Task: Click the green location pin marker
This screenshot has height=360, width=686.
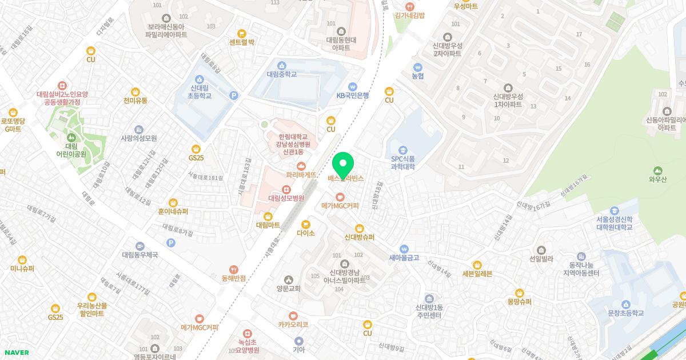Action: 343,165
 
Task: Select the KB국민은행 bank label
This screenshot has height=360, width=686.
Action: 352,95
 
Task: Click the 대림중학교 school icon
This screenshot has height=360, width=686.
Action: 282,65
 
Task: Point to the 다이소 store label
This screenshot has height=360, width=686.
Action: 306,233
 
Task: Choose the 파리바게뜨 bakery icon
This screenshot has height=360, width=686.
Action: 301,165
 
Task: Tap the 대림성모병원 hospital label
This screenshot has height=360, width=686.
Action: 286,198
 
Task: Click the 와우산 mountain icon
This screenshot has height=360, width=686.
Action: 657,170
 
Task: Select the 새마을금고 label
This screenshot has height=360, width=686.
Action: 404,258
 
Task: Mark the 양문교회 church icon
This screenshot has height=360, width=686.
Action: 288,279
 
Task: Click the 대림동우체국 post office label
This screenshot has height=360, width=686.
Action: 139,254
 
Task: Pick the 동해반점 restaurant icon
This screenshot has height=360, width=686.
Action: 233,269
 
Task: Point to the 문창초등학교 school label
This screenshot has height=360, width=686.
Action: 625,313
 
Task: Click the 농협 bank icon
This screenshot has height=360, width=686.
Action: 418,66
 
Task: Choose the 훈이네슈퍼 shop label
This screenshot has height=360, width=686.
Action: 173,211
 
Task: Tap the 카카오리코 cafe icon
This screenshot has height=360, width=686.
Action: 293,324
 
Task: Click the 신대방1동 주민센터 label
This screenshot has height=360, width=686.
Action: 429,311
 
